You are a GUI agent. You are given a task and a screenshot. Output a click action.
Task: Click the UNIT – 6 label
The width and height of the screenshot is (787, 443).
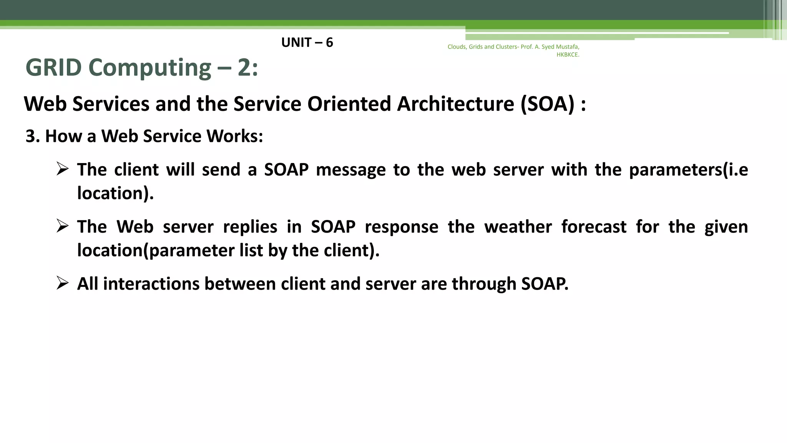point(307,42)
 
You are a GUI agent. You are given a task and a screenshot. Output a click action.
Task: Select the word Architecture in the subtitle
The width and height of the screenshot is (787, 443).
point(455,104)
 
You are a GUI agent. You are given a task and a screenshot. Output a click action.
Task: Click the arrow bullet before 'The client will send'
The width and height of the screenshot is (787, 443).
point(62,168)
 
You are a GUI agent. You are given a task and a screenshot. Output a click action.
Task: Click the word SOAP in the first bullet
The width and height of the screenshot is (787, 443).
point(286,170)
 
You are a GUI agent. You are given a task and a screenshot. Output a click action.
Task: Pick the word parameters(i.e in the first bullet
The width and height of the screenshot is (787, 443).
point(688,170)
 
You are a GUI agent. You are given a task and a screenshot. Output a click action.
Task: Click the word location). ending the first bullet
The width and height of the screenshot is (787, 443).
point(115,193)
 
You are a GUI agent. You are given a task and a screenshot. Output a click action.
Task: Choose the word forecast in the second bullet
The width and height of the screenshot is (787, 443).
point(594,226)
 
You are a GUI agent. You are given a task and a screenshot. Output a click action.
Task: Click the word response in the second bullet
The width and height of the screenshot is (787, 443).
point(401,227)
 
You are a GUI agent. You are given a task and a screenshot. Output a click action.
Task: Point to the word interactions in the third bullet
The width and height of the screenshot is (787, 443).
point(151,284)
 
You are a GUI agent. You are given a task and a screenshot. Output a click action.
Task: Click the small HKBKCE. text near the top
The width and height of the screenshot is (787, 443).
point(568,55)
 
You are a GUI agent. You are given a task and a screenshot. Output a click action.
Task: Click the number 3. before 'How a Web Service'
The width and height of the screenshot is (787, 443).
point(33,136)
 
